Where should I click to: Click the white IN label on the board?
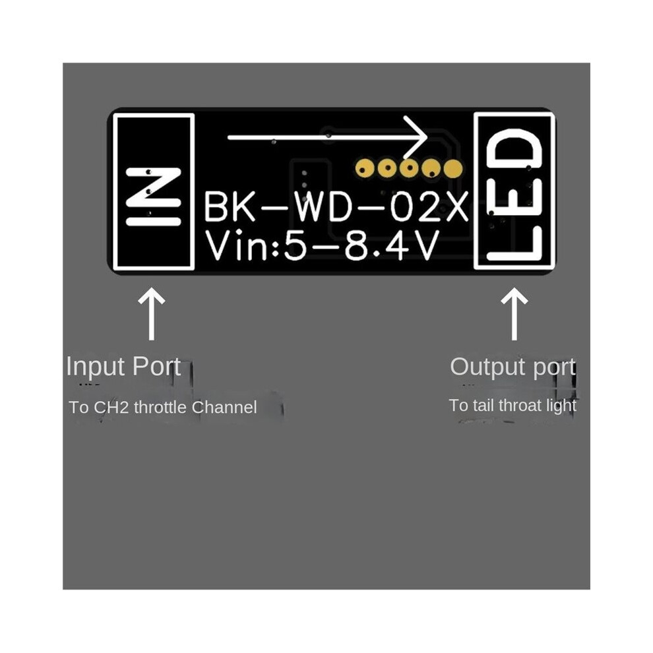click(154, 197)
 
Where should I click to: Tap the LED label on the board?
click(515, 195)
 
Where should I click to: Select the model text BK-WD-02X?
click(336, 206)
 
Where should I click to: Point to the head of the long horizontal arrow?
click(427, 137)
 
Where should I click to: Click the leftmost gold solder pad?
click(365, 169)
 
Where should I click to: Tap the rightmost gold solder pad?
click(452, 169)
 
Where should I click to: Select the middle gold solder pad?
click(409, 169)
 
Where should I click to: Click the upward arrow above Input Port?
click(152, 313)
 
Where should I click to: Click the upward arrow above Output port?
click(514, 313)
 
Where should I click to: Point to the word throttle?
click(160, 407)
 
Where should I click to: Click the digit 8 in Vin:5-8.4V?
click(357, 246)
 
